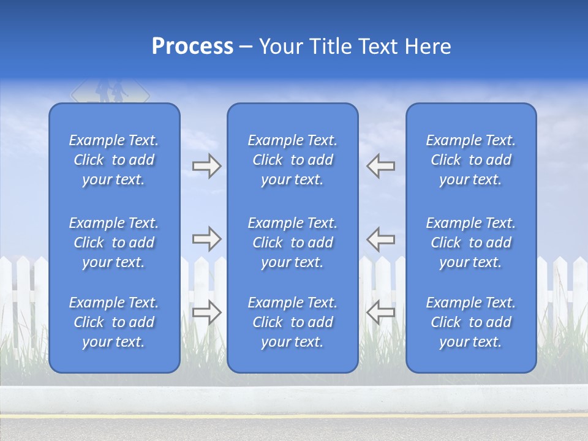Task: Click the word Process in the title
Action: (x=192, y=46)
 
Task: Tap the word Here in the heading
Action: (x=427, y=47)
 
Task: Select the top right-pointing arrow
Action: (x=207, y=166)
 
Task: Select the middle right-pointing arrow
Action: (x=207, y=239)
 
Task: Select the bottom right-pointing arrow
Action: (x=207, y=312)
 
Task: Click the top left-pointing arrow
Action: (x=381, y=166)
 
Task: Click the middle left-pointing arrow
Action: (x=381, y=239)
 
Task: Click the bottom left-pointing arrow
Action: (x=381, y=312)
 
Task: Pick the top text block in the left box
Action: (x=114, y=160)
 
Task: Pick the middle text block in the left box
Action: (x=114, y=243)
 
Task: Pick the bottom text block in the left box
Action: (x=114, y=322)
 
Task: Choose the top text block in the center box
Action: (x=293, y=160)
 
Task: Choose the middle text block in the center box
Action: (x=293, y=243)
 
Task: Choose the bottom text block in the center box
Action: (x=293, y=322)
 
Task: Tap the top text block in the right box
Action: (x=471, y=160)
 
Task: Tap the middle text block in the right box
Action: (x=471, y=243)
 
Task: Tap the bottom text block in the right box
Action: (x=471, y=322)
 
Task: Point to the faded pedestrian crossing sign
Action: (x=110, y=92)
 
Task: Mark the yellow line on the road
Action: (x=294, y=416)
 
